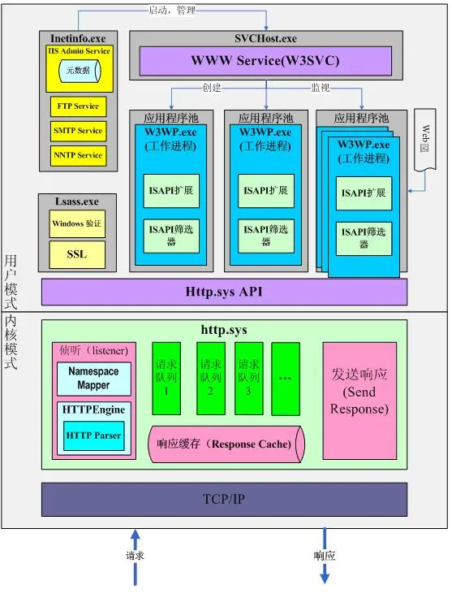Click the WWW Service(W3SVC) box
[265, 61]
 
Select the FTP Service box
[79, 106]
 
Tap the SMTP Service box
[79, 131]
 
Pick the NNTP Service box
[79, 155]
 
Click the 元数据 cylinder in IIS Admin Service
[80, 71]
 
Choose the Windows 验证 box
[77, 223]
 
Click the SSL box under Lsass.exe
[77, 254]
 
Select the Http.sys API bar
[224, 292]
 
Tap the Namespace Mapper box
[93, 379]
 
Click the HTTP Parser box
[93, 435]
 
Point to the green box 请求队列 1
[166, 379]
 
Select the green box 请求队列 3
[248, 379]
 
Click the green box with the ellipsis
[286, 379]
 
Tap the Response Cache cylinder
[226, 444]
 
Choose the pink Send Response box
[359, 401]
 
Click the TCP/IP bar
[224, 499]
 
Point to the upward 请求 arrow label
[136, 555]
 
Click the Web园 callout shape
[425, 140]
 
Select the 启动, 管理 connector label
[172, 11]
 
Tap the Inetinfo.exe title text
[78, 38]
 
